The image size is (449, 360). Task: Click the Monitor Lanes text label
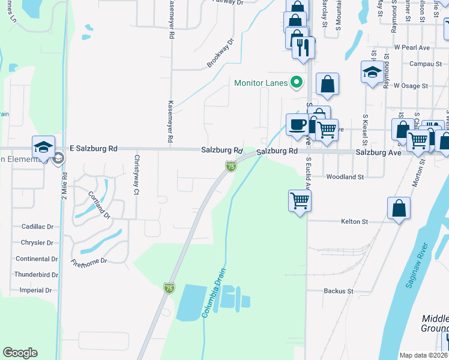pos(261,83)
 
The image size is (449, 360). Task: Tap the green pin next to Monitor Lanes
pos(296,82)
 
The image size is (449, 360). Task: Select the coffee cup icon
pos(297,125)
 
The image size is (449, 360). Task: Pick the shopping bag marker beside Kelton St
pos(399,209)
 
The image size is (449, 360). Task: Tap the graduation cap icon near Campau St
pos(372,73)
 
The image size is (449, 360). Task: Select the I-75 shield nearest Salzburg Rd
pos(231,166)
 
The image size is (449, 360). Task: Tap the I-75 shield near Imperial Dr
pos(169,289)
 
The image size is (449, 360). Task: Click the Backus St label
pos(338,291)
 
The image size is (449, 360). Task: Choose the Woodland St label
pos(345,177)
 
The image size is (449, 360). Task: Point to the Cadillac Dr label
pos(37,227)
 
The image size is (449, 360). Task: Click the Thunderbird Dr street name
pos(36,275)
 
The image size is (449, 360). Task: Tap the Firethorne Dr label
pos(89,262)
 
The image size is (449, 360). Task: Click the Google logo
pos(20,353)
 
